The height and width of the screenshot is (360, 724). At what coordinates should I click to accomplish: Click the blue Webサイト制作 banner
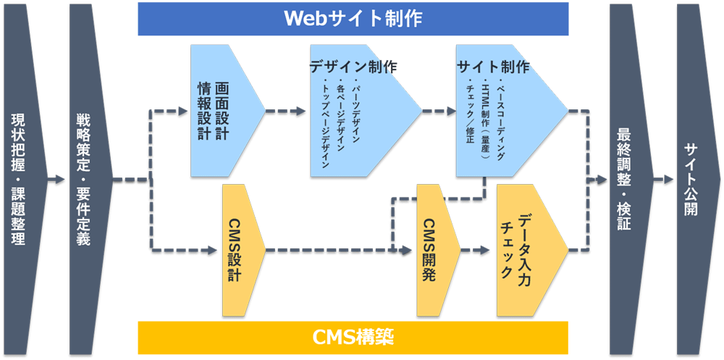click(353, 18)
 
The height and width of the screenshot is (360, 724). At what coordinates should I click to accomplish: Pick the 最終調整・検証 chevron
click(626, 179)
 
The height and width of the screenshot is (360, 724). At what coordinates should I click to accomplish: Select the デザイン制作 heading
click(353, 67)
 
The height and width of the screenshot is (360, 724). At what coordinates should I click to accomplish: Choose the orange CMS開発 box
click(432, 250)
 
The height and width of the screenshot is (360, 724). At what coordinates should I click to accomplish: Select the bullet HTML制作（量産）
click(486, 120)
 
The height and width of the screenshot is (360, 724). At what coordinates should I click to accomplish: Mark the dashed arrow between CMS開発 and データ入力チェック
click(476, 251)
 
